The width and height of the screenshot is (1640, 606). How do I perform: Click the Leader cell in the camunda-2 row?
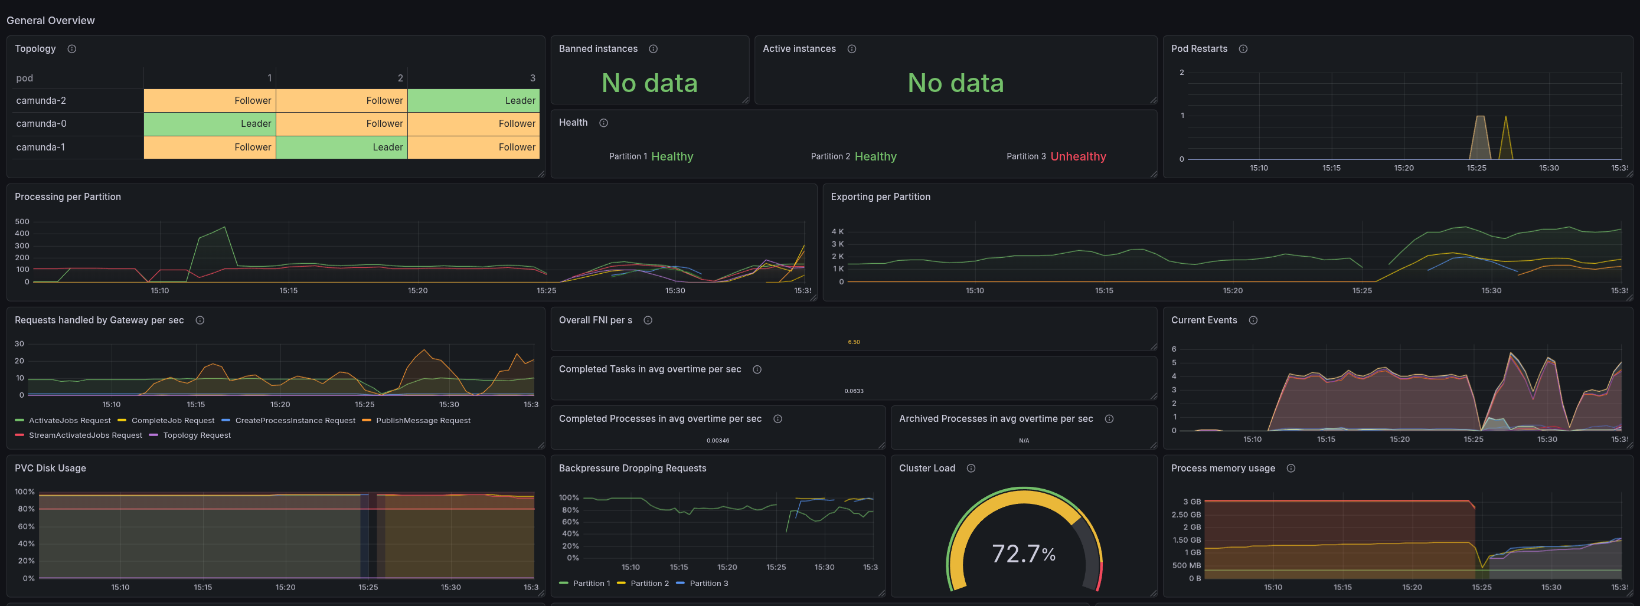473,100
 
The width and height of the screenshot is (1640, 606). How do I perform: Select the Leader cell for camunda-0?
210,123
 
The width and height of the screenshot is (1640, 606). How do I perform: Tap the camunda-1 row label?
40,147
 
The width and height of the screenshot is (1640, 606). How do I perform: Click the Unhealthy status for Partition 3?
1078,156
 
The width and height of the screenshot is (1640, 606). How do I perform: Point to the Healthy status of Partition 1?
672,156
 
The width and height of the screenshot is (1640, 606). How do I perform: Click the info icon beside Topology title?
72,49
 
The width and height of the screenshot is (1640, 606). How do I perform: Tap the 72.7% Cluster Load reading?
1024,554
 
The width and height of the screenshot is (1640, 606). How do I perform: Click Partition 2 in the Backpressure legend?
643,583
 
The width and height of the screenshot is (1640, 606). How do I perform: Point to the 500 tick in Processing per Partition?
22,221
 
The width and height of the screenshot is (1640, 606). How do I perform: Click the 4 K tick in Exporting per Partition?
837,232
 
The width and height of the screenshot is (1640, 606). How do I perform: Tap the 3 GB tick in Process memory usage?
1192,502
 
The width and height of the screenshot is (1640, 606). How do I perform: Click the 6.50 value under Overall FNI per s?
854,342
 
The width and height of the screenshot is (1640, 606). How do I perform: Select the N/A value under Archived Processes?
1024,441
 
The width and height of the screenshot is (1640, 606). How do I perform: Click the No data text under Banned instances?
649,83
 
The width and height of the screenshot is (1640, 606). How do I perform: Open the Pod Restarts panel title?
1199,49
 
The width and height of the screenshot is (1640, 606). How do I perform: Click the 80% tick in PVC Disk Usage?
26,509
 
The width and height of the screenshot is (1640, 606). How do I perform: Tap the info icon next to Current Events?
1253,320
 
